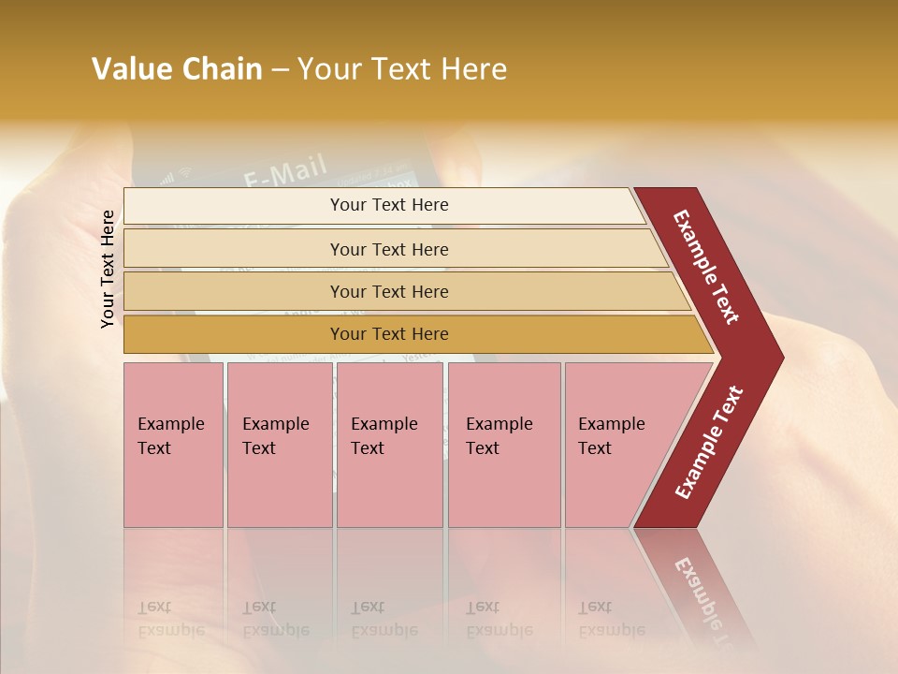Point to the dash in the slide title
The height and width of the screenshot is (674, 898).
tap(280, 70)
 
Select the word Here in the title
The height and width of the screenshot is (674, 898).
tap(473, 69)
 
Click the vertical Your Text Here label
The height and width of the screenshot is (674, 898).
tap(108, 269)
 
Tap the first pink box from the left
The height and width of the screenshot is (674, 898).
tap(173, 445)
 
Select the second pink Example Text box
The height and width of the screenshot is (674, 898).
tap(279, 445)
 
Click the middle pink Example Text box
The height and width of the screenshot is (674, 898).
tap(389, 445)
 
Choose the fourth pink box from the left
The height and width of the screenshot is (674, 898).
tap(503, 445)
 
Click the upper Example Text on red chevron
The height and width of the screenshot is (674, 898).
tap(706, 267)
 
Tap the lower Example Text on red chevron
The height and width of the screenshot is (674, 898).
tap(708, 443)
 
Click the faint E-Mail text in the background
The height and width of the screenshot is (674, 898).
tap(285, 171)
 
